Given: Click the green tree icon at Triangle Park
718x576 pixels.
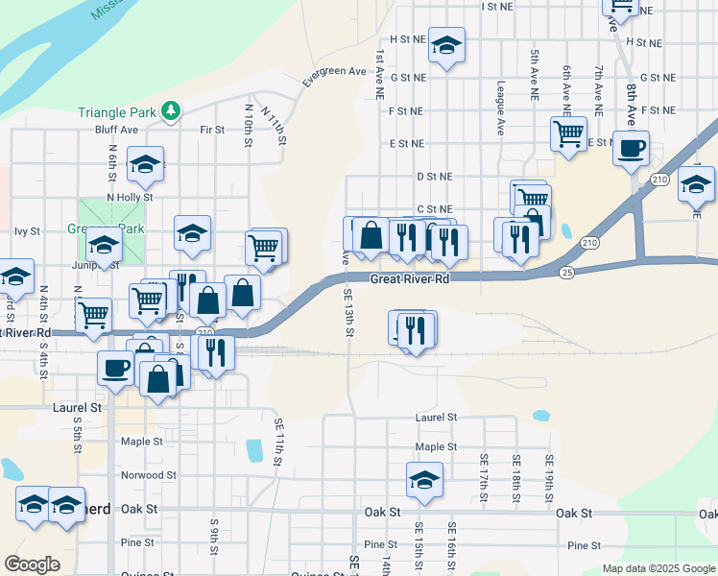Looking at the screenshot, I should pos(171,111).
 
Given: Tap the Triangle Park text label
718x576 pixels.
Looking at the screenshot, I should pos(116,111).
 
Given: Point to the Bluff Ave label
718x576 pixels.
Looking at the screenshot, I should pos(116,130).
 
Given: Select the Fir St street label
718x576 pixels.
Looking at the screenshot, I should pos(211,130).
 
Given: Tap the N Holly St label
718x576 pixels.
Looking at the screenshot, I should pos(130,197).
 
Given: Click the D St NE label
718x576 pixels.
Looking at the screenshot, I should pos(434,177).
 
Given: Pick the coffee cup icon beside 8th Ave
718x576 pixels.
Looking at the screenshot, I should pos(631,149).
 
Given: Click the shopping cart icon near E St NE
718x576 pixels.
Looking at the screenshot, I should pos(568,133).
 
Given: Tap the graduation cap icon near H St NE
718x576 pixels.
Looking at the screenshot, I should pos(446,44).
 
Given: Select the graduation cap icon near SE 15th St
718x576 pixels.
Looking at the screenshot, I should pos(423,479).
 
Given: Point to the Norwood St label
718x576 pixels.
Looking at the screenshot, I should pos(149,475).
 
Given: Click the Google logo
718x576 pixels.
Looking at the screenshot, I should pos(32,564).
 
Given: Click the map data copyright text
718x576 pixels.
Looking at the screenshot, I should pos(658,569).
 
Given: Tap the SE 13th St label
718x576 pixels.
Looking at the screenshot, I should pos(349,314).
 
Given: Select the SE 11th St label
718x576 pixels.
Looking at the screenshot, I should pos(278,442).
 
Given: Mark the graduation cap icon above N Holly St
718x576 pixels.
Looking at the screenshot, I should pos(145,164).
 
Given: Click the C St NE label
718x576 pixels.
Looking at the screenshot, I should pos(434,208).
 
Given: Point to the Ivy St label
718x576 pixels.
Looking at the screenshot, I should pos(27,231).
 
